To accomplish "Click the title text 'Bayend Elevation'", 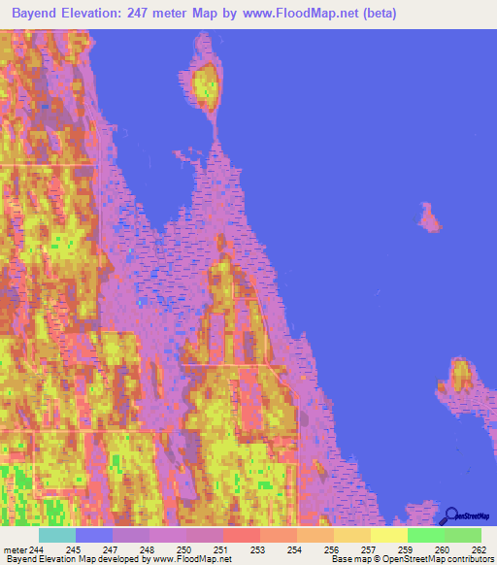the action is click(x=70, y=15).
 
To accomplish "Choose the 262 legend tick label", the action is click(x=476, y=548).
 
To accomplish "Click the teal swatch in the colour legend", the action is click(x=57, y=535).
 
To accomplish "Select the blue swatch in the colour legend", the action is click(x=94, y=535).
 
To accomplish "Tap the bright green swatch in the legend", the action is click(x=426, y=535).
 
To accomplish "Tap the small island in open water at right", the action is click(x=428, y=218).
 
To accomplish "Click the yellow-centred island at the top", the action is click(x=205, y=85).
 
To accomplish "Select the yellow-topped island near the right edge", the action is click(x=460, y=376).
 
